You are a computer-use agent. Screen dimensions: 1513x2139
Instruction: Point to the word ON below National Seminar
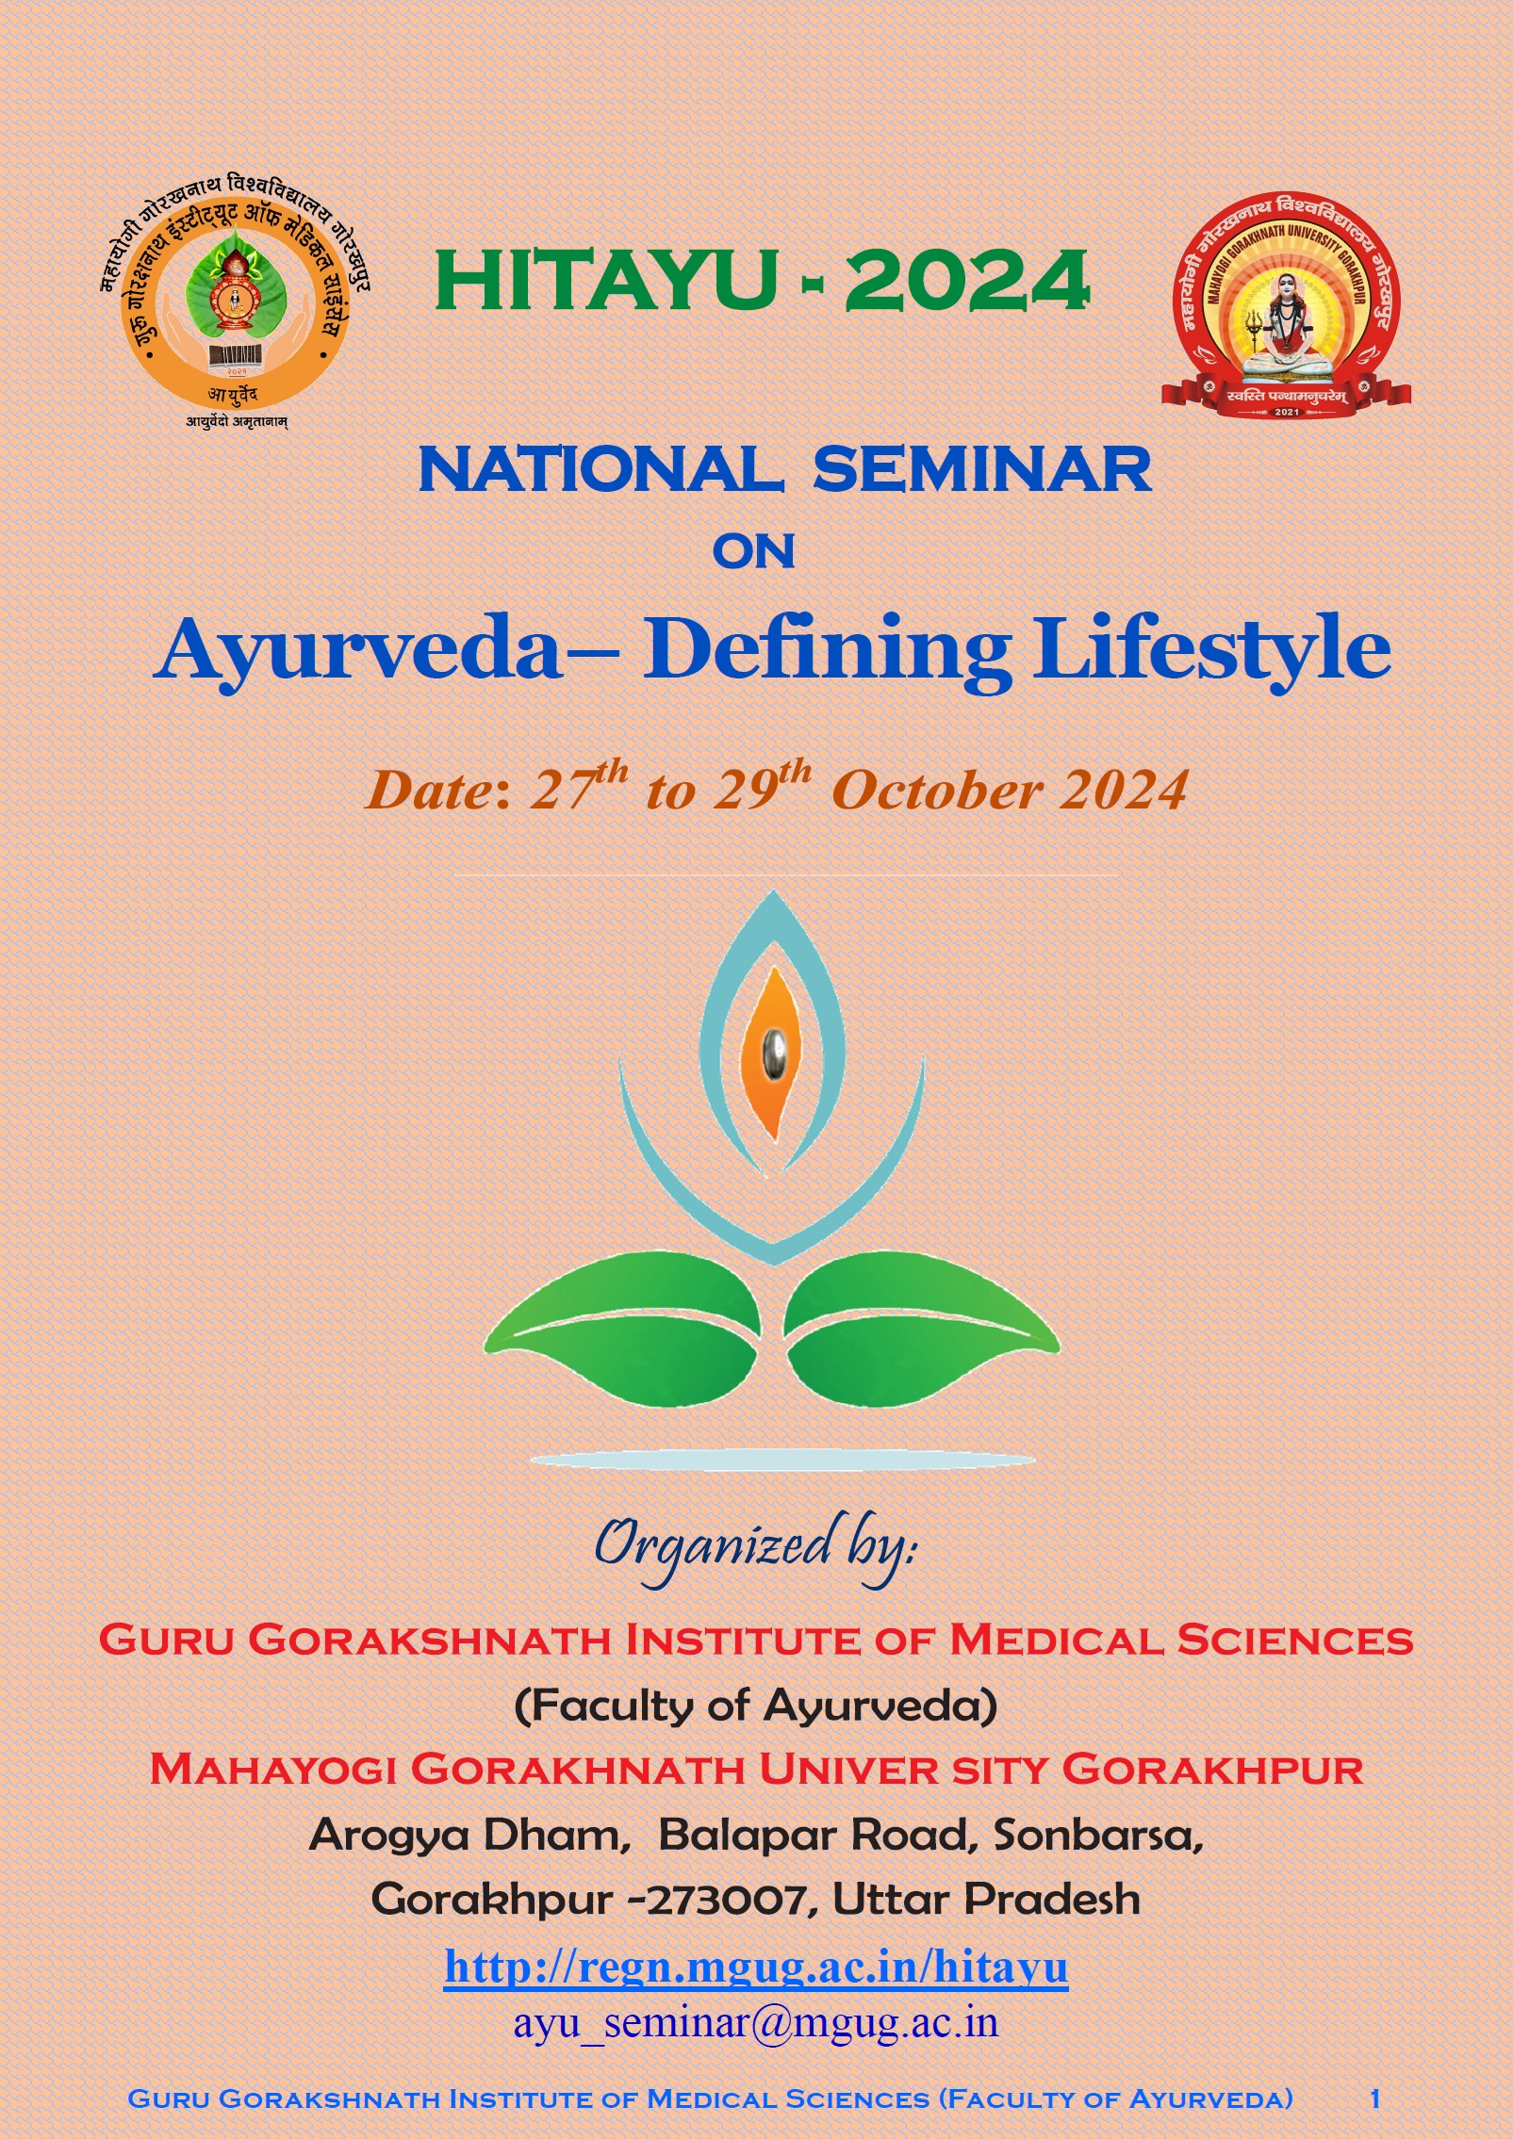pyautogui.click(x=754, y=551)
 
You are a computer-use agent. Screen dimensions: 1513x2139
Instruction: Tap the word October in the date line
pyautogui.click(x=937, y=790)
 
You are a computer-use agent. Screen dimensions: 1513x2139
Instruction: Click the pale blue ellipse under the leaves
pyautogui.click(x=782, y=1461)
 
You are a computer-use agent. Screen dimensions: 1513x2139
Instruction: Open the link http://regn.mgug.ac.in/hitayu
pyautogui.click(x=756, y=1968)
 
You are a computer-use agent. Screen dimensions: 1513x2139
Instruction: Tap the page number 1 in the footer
pyautogui.click(x=1375, y=2098)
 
